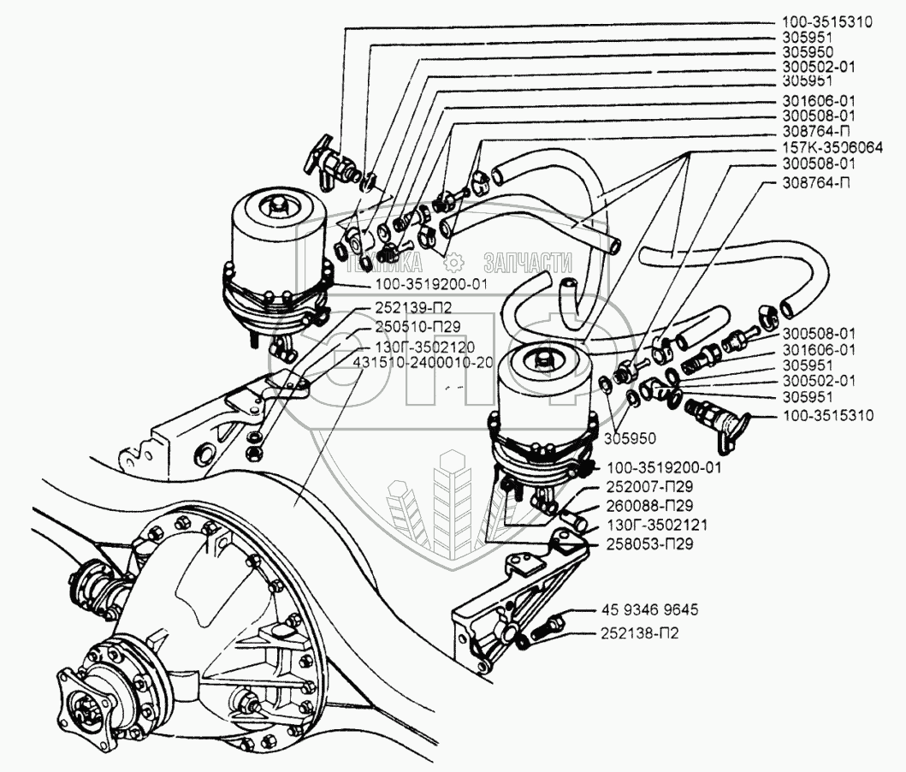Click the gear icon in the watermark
[456, 260]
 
